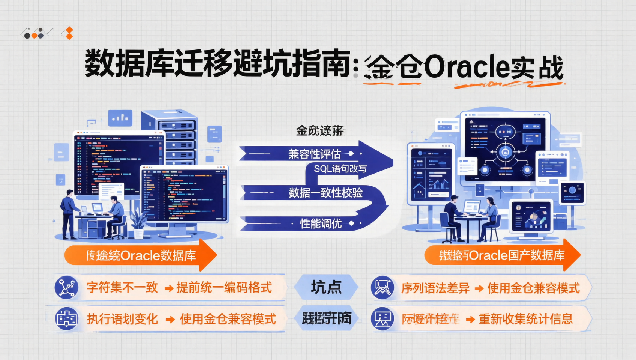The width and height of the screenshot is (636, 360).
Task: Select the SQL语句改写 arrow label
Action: coord(340,169)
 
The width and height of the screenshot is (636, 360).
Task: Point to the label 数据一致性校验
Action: coord(325,193)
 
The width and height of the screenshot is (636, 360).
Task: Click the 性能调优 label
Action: coord(321,224)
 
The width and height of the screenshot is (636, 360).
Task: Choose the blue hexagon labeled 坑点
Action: coord(326,287)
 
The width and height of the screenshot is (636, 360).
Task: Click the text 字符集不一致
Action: coord(122,288)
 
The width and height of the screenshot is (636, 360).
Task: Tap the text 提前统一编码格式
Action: coord(224,288)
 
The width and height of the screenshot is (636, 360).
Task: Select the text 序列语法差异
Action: coord(435,288)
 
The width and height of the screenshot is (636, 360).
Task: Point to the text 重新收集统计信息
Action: coord(525,319)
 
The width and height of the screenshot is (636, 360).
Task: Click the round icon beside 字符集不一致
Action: coord(66,288)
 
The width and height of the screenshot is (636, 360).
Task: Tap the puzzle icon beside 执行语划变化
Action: coord(66,319)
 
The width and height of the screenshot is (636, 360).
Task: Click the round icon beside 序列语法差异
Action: coord(382,288)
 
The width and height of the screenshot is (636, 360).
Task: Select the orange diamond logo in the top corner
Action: coord(69,33)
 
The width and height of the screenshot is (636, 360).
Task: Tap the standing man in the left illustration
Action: coord(69,214)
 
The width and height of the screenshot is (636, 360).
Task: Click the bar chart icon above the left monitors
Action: coord(120,118)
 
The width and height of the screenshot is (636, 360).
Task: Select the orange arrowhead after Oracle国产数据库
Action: coord(571,255)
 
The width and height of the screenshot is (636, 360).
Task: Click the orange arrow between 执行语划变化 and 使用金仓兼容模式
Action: coord(170,319)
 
